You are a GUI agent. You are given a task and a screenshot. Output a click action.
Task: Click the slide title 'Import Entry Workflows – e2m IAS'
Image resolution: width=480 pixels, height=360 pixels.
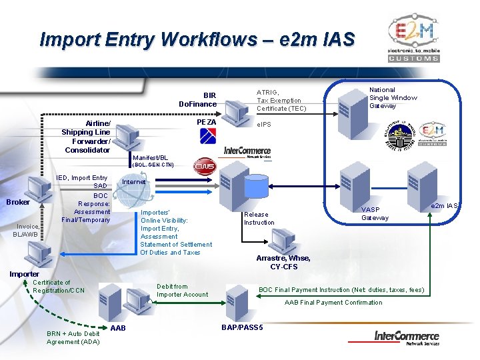coord(197,39)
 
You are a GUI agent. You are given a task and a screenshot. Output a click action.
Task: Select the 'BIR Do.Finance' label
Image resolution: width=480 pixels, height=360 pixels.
coord(198,99)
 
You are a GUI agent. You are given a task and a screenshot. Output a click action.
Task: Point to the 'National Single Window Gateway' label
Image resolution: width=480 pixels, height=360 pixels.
coord(393,97)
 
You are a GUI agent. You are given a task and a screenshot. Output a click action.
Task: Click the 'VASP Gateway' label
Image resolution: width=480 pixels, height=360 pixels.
coord(375,213)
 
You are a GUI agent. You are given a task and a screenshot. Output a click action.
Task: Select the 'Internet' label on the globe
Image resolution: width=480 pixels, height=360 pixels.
coord(134,182)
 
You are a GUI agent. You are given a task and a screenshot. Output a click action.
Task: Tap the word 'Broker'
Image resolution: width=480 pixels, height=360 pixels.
coord(18,202)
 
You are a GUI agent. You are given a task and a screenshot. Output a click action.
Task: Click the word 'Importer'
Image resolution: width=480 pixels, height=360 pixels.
coord(24,273)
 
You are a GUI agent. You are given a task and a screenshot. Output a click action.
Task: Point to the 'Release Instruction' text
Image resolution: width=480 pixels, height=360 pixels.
coord(259,218)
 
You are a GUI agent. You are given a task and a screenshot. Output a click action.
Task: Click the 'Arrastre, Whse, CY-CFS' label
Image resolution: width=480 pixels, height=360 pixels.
coord(283,263)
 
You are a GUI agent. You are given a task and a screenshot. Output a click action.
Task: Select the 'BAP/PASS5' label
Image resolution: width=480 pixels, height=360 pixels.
coord(242,327)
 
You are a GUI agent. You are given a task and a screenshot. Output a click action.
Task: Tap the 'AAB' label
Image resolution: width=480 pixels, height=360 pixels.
coord(118,328)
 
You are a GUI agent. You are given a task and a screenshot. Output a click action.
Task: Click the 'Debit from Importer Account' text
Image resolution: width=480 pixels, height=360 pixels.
coord(182,290)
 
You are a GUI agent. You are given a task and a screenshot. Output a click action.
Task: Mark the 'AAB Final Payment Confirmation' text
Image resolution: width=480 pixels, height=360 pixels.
coord(333,302)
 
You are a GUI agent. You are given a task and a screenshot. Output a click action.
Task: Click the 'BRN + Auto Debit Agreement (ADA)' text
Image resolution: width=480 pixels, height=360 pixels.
coord(73,337)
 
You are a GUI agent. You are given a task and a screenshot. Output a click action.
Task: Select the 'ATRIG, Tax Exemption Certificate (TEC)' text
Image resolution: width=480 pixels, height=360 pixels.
coord(281,100)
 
